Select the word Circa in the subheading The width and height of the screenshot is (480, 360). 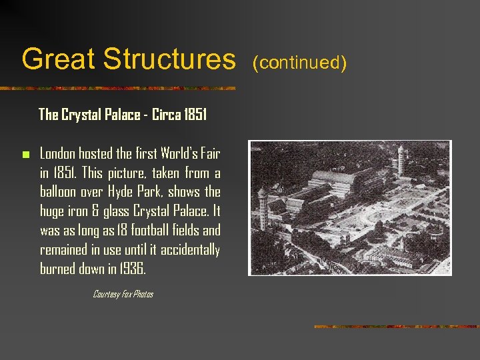tap(167, 115)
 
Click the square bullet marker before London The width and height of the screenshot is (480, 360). tap(26, 155)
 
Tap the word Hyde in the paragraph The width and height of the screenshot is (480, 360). tap(123, 192)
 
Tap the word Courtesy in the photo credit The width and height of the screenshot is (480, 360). tap(106, 294)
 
